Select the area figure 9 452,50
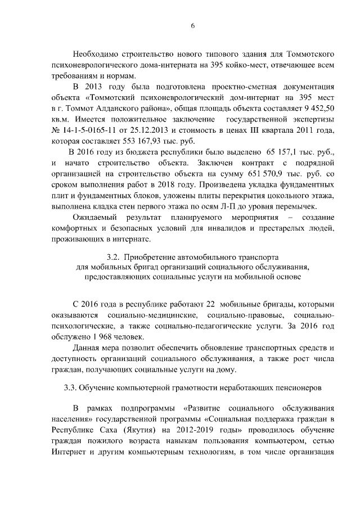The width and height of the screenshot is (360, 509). pyautogui.click(x=318, y=109)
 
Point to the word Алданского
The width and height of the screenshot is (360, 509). pyautogui.click(x=118, y=109)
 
